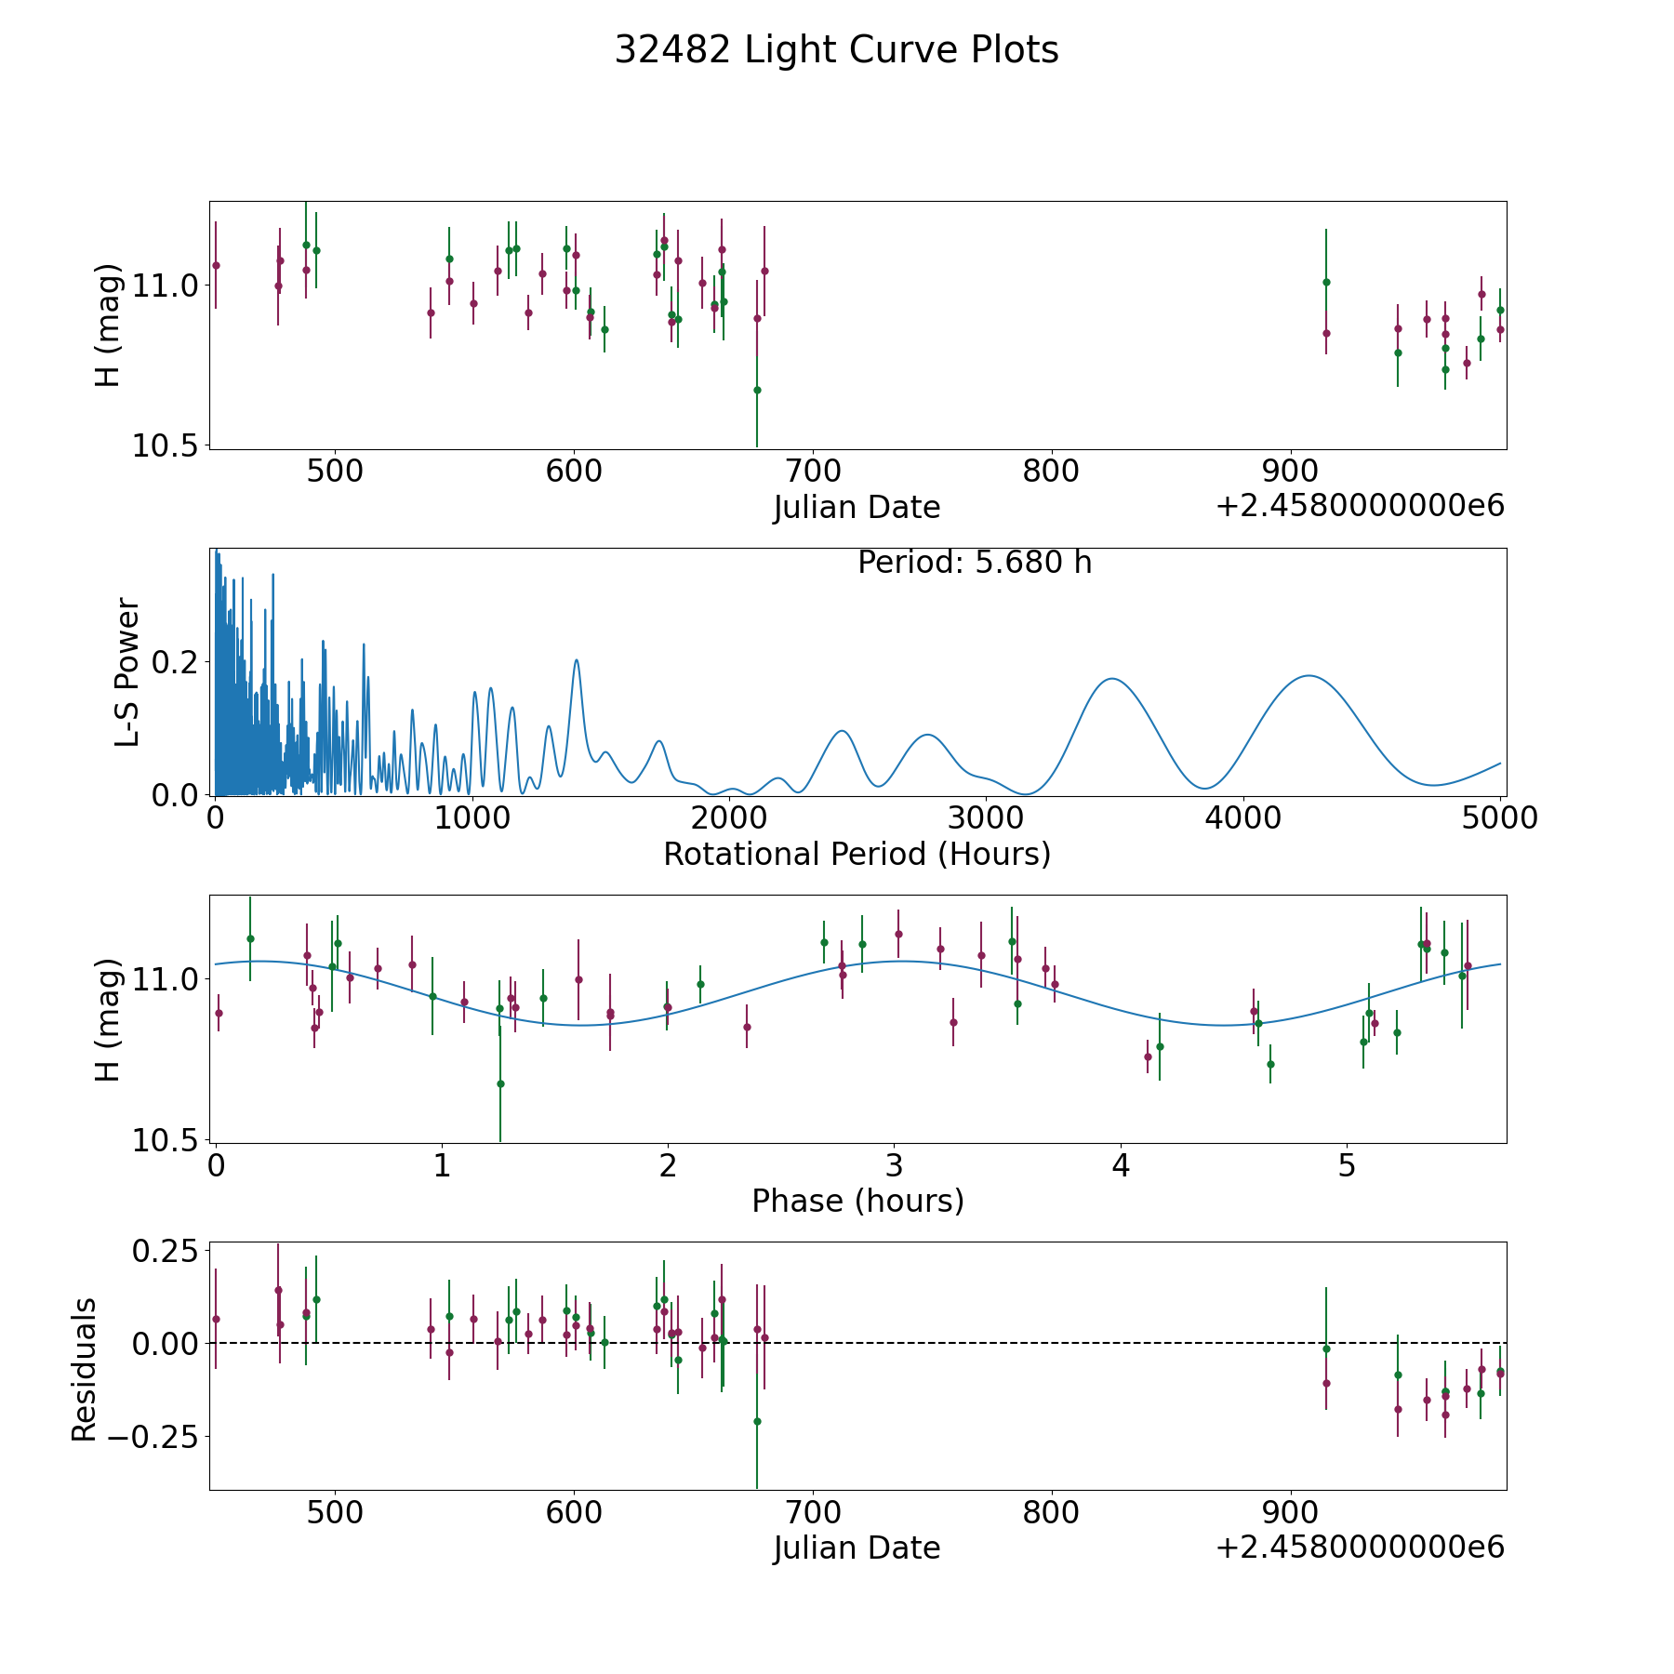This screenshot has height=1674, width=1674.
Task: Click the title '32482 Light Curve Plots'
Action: (836, 50)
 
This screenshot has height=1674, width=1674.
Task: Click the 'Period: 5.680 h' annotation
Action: (974, 563)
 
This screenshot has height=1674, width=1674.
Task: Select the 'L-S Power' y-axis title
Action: (127, 672)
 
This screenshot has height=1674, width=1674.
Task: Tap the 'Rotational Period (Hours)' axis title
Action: (857, 854)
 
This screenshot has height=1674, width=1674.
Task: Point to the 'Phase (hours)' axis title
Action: (857, 1201)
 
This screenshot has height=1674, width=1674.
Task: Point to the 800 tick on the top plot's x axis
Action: (1051, 472)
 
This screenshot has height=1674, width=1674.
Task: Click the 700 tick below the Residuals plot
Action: (812, 1512)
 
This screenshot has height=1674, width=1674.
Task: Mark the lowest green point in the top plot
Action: (757, 390)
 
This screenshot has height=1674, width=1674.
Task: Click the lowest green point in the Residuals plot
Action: (757, 1421)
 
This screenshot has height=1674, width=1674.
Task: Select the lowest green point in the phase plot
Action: (500, 1083)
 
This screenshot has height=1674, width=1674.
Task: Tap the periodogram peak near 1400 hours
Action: (577, 660)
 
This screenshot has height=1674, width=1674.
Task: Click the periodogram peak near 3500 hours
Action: (1111, 679)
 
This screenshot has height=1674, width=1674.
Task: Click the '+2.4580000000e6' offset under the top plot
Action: (1360, 506)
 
